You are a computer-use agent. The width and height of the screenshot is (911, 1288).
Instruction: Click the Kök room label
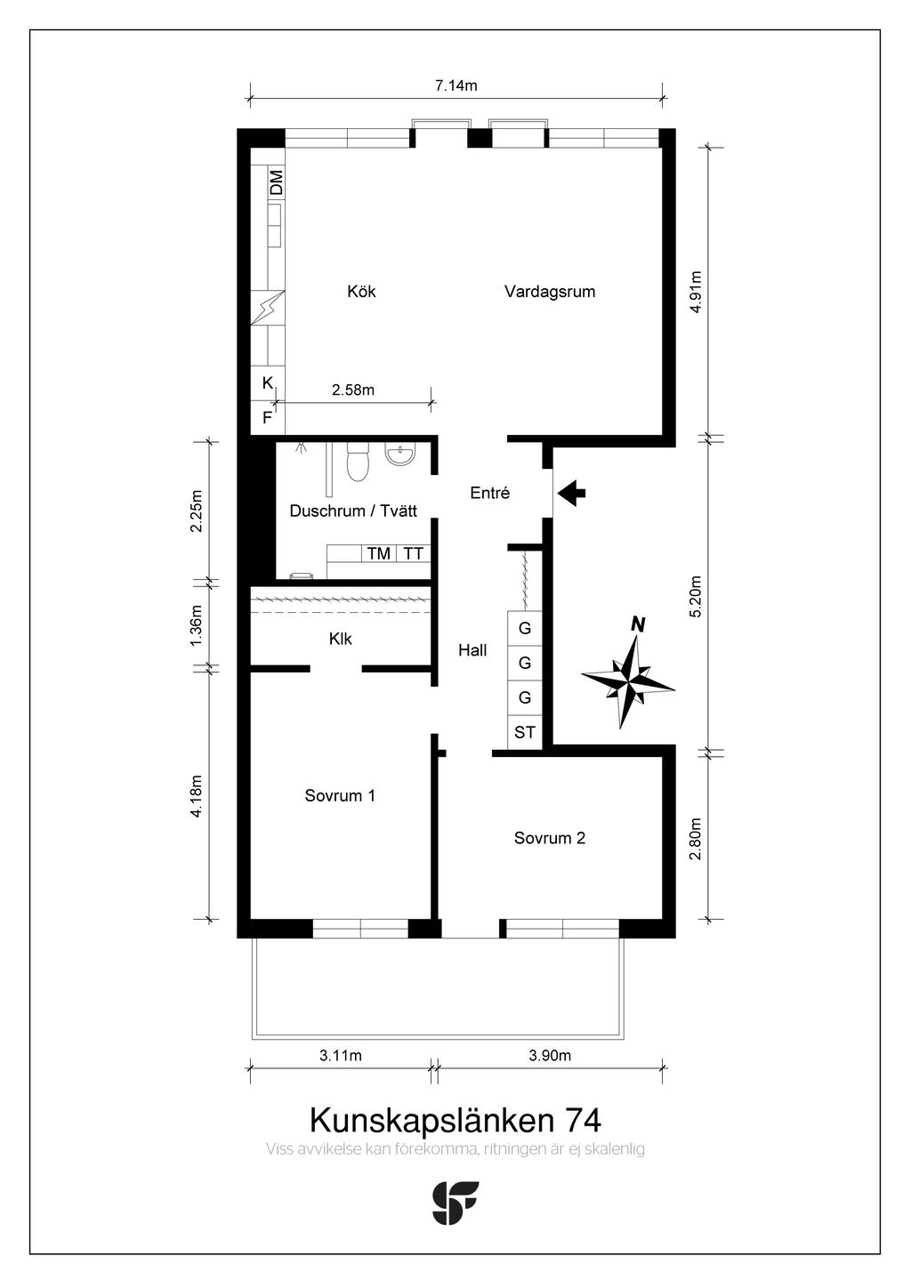(x=361, y=291)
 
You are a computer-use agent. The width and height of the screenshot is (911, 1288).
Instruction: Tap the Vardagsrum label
(x=550, y=292)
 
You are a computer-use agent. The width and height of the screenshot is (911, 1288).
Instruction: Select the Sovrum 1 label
(x=340, y=795)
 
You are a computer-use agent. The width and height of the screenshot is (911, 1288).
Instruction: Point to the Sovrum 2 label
(x=550, y=838)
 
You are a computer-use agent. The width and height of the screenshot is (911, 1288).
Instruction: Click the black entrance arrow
(x=572, y=493)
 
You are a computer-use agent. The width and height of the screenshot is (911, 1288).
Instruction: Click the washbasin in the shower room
(x=400, y=455)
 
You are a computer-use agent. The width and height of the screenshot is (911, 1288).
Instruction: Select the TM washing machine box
(x=378, y=553)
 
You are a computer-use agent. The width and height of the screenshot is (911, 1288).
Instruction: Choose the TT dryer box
(x=413, y=553)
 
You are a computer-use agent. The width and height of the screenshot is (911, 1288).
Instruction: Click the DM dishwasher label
(x=277, y=181)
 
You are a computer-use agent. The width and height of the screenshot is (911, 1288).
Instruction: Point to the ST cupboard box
(x=525, y=732)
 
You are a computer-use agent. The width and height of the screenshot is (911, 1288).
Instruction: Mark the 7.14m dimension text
(x=456, y=85)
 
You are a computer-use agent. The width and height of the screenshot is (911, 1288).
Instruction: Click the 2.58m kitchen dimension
(x=353, y=390)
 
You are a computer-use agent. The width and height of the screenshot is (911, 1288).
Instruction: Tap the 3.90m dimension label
(x=550, y=1055)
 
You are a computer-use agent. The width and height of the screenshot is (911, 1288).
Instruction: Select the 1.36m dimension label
(x=197, y=625)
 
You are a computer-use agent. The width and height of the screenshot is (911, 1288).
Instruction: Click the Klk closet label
(x=341, y=639)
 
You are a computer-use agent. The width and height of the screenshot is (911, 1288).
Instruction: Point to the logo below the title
(x=455, y=1203)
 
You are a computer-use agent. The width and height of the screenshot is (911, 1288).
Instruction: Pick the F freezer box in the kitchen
(x=268, y=417)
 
